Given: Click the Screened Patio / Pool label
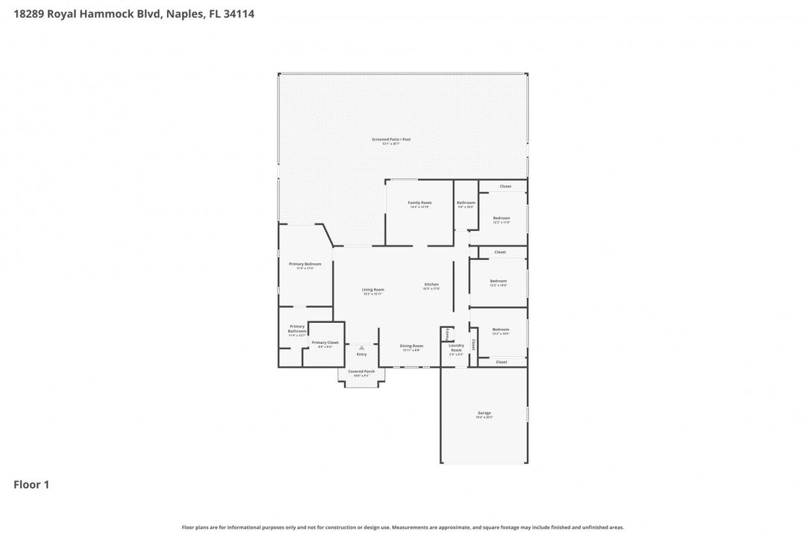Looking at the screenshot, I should pyautogui.click(x=392, y=140).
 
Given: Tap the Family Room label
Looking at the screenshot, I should pyautogui.click(x=419, y=203).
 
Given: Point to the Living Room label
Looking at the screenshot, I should pyautogui.click(x=373, y=290).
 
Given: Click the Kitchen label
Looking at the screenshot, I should pyautogui.click(x=432, y=285).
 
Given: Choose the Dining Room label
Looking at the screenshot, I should pyautogui.click(x=411, y=346).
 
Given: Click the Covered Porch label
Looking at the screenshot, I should pyautogui.click(x=361, y=371).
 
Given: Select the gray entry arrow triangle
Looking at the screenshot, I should pyautogui.click(x=361, y=347).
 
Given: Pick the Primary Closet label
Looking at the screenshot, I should pyautogui.click(x=325, y=343).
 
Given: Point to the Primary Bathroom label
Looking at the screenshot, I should pyautogui.click(x=297, y=329).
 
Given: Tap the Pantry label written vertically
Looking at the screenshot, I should pyautogui.click(x=447, y=333).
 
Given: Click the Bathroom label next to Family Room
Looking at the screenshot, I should pyautogui.click(x=466, y=203).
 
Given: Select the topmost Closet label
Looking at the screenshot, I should pyautogui.click(x=505, y=186).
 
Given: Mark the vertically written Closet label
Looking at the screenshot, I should pyautogui.click(x=473, y=344).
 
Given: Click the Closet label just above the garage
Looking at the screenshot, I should pyautogui.click(x=502, y=362).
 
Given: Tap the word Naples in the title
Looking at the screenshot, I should pyautogui.click(x=182, y=13).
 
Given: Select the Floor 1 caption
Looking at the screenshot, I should pyautogui.click(x=31, y=485).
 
